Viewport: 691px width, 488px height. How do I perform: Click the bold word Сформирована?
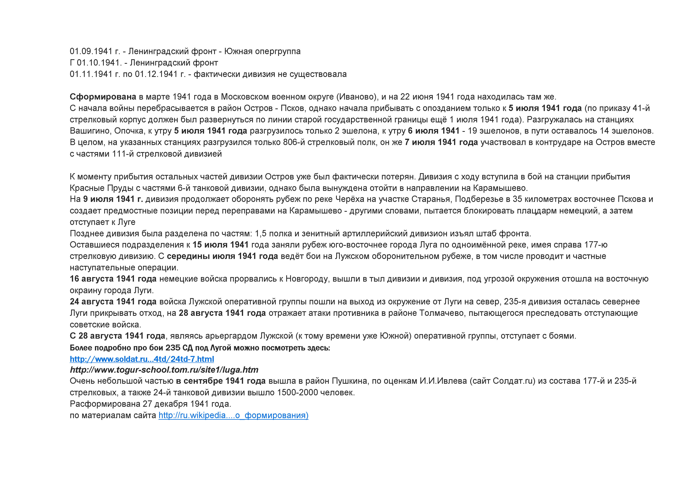103,97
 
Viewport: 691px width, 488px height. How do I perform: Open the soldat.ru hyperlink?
142,359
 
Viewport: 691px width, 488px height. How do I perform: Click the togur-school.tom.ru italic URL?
164,370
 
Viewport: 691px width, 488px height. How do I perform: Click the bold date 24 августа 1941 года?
113,302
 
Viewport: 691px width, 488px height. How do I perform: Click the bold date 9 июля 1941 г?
113,199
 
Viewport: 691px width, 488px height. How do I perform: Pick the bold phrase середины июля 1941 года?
222,256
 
